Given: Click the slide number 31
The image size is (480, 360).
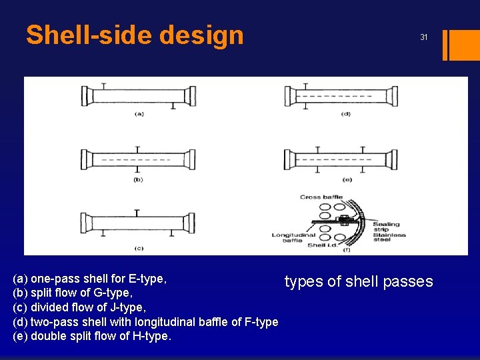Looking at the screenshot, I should tap(423, 37).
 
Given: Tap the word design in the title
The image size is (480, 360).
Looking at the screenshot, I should tap(207, 35).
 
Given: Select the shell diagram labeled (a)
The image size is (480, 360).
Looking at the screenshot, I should tap(137, 96).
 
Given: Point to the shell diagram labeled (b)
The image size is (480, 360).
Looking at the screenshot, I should tap(137, 161).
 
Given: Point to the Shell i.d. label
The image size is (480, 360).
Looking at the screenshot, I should tap(318, 245).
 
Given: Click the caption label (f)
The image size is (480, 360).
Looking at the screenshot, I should tap(346, 249).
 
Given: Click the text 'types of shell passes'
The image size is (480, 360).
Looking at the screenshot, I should tap(359, 281).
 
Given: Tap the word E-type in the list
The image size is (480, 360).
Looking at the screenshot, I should tap(148, 277).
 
